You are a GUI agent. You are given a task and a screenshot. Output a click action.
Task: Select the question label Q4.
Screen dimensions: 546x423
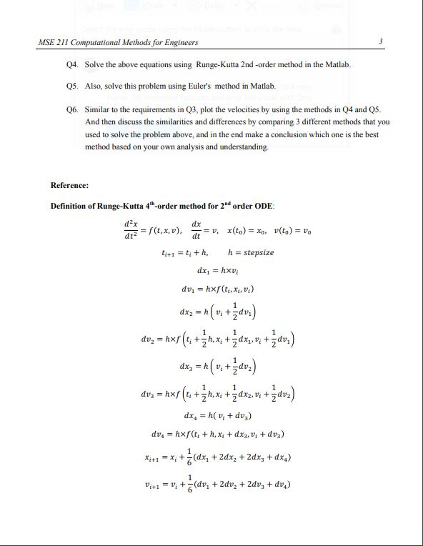coord(70,65)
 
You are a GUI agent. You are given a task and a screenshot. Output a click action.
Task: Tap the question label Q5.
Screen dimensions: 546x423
coord(70,85)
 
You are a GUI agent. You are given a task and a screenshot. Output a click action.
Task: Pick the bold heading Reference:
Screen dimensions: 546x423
coord(69,186)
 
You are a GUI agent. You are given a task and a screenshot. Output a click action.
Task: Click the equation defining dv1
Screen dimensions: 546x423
coord(218,289)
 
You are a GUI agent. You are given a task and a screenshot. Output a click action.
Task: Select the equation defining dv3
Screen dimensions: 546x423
coord(218,392)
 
